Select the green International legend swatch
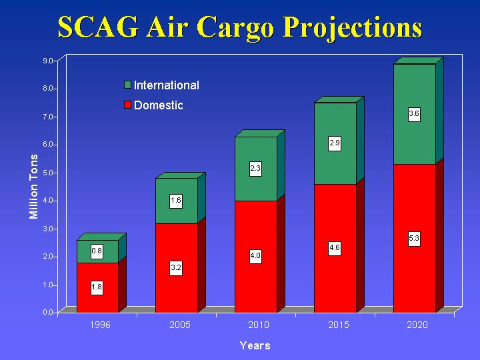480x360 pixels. [128, 85]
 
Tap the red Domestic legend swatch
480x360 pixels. [128, 105]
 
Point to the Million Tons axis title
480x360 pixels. [34, 187]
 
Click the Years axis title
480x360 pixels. [255, 345]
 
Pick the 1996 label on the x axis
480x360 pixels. [100, 325]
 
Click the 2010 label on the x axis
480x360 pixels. [259, 325]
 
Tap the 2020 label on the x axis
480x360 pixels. [417, 325]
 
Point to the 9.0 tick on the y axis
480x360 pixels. [49, 61]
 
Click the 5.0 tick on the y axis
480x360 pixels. [49, 173]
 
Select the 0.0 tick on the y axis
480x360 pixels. [49, 312]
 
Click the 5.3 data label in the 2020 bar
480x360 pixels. [414, 238]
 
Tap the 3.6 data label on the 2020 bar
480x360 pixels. [414, 114]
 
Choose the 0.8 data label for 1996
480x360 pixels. [97, 251]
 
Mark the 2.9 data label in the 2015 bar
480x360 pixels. [335, 143]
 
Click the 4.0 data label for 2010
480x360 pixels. [255, 256]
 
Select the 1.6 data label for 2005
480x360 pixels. [176, 200]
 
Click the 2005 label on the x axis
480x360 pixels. [179, 325]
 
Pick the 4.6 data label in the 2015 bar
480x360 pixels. [335, 248]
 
